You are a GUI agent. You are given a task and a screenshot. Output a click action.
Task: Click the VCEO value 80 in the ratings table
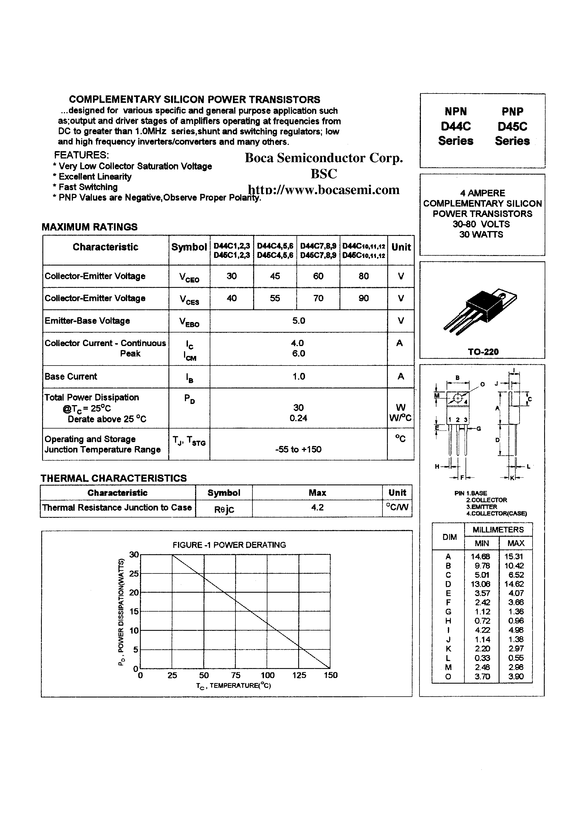pos(363,276)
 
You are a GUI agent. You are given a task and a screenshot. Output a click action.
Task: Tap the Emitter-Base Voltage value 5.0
pos(299,321)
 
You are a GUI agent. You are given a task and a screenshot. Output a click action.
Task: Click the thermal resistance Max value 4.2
pos(317,507)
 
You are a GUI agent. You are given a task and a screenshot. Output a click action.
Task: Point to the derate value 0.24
pos(298,418)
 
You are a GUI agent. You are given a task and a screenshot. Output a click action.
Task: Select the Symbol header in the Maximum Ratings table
pos(189,247)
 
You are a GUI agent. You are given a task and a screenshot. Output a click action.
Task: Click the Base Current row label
pos(71,376)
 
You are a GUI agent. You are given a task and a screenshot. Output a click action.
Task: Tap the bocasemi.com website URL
pos(324,190)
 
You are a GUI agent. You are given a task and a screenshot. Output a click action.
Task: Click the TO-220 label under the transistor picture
pos(483,352)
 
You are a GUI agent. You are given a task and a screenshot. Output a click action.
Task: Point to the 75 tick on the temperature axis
pos(236,675)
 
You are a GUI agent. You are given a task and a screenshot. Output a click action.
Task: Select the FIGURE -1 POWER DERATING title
pos(229,545)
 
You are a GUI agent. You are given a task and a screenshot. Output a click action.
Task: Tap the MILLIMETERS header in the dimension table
pos(498,530)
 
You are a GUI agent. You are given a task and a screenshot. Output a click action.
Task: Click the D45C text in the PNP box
pos(512,127)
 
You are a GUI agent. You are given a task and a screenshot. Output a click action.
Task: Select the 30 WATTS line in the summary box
pos(481,234)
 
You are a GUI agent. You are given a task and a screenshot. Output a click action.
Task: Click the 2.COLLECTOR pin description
pos(486,500)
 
